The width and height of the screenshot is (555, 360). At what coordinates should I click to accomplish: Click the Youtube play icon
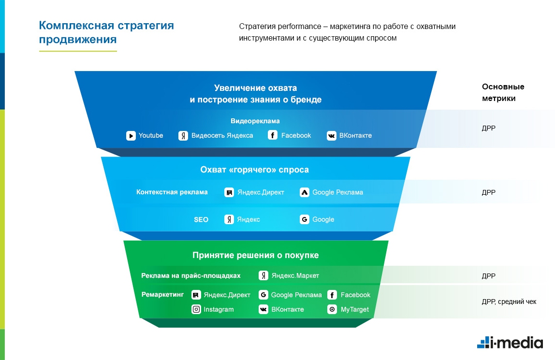131,136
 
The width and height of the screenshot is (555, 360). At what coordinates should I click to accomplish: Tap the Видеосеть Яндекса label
222,136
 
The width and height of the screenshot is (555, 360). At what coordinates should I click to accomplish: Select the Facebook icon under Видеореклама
273,136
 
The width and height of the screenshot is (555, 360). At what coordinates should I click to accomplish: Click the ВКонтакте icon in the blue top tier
331,136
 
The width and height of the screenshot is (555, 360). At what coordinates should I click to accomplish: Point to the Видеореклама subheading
255,121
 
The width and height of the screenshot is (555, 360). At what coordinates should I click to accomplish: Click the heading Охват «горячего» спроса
254,170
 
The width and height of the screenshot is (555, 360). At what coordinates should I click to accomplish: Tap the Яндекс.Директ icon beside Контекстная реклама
230,192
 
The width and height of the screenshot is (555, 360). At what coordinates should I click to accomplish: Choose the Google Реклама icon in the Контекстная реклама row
305,192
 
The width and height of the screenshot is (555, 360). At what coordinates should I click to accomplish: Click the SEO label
201,220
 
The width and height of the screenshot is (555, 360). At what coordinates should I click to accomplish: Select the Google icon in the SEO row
305,220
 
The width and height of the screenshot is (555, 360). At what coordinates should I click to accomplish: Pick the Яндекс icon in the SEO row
230,220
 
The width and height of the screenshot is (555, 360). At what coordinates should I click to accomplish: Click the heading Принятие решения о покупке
255,255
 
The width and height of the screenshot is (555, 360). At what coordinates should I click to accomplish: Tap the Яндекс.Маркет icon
263,276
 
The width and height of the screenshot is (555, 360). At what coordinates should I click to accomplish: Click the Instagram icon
196,310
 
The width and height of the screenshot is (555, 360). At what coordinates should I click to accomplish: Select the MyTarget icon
332,310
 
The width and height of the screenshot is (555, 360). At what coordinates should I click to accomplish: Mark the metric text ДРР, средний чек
509,302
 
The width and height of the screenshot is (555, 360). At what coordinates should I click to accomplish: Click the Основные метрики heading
503,92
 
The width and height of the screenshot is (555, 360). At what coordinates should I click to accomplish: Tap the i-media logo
510,342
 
